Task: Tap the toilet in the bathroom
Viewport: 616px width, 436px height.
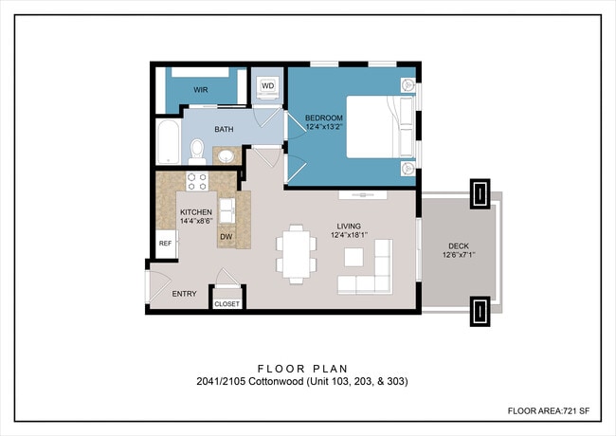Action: pyautogui.click(x=197, y=152)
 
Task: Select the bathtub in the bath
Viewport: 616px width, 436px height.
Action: pyautogui.click(x=169, y=142)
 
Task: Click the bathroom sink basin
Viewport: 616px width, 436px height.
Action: pyautogui.click(x=226, y=156)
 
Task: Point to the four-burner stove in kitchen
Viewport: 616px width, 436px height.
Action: pyautogui.click(x=197, y=181)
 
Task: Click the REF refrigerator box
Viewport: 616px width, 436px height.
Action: pyautogui.click(x=166, y=244)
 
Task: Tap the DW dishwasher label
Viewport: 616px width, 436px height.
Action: pyautogui.click(x=226, y=237)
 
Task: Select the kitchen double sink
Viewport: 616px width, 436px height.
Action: pyautogui.click(x=226, y=210)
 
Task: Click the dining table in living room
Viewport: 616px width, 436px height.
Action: pyautogui.click(x=297, y=254)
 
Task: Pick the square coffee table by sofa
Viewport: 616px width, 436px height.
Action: pyautogui.click(x=353, y=257)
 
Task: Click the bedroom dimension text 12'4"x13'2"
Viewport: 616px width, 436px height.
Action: pyautogui.click(x=324, y=126)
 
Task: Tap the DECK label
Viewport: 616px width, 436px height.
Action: pyautogui.click(x=459, y=246)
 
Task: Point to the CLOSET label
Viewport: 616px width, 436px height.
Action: pyautogui.click(x=227, y=304)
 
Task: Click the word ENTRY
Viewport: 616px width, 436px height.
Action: pyautogui.click(x=184, y=294)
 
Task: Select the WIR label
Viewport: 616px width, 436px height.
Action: pyautogui.click(x=200, y=90)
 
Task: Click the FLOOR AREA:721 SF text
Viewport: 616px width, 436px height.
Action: pyautogui.click(x=549, y=410)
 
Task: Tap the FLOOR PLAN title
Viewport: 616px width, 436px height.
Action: pyautogui.click(x=303, y=369)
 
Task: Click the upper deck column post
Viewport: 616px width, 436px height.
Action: pyautogui.click(x=480, y=193)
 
